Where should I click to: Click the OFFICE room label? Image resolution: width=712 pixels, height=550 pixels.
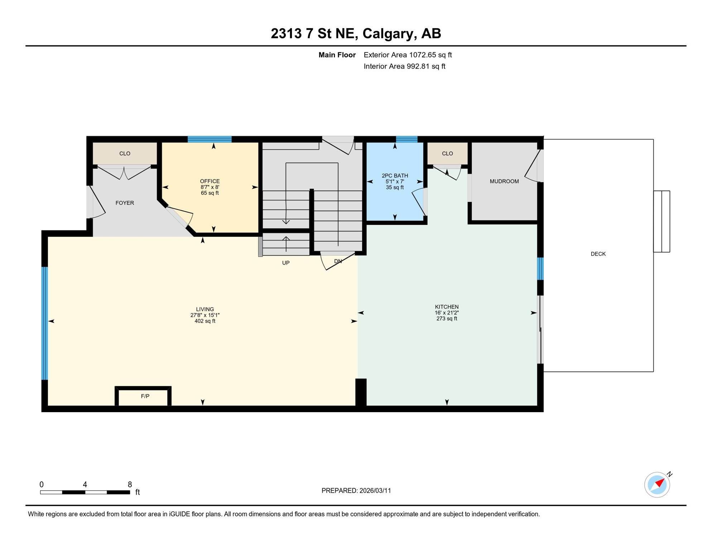pos(210,181)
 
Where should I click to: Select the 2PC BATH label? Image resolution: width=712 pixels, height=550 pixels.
pos(395,175)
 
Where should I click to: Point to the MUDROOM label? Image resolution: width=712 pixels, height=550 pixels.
pos(504,181)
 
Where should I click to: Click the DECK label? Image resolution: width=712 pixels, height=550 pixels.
pos(598,254)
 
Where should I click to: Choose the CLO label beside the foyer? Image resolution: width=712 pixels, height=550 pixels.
pos(125,153)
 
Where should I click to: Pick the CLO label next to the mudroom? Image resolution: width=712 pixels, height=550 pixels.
pos(447,153)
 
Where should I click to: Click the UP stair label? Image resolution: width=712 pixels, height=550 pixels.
pos(285,263)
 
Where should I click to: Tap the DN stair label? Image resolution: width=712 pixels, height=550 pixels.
pos(338,261)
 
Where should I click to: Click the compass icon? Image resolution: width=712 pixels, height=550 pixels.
pos(657,485)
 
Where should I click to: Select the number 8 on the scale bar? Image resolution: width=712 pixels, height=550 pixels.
pos(130,484)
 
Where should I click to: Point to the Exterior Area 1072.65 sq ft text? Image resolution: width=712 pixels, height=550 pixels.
pos(408,55)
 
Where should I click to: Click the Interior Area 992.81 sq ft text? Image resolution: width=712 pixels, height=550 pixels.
pos(404,66)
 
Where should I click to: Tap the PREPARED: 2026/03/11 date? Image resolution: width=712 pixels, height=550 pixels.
pos(356,491)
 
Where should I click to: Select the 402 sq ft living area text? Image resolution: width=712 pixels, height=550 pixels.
pos(205,321)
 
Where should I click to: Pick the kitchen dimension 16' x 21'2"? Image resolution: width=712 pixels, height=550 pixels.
pos(447,313)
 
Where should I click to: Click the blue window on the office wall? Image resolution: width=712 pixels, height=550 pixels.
pos(210,139)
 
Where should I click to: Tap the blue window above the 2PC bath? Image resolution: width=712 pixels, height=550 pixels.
pos(406,139)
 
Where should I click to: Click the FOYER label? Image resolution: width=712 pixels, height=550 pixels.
pos(125,203)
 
